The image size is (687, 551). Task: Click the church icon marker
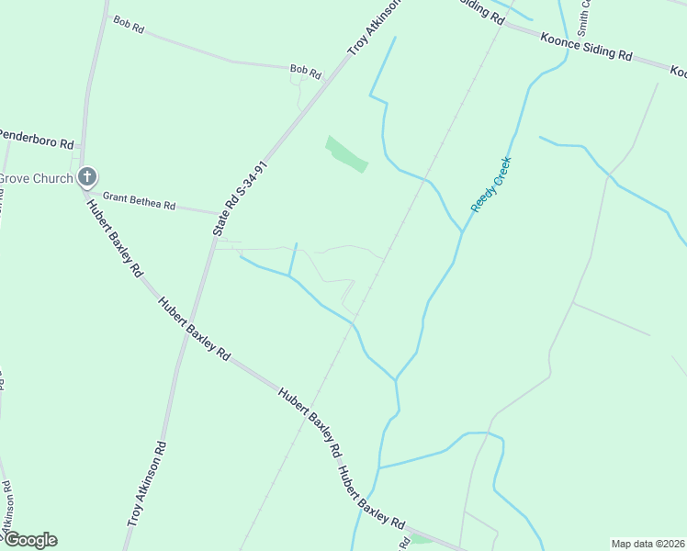86,176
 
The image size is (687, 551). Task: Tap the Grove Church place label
35,178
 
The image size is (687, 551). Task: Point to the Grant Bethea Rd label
139,202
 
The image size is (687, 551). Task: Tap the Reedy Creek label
490,185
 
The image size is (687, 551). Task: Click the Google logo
30,540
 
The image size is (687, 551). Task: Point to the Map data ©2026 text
648,544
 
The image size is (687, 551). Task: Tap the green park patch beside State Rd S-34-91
346,153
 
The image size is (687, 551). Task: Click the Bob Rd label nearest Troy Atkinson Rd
305,70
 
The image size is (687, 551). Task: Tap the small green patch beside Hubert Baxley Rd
422,538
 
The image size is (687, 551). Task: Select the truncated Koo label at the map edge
678,72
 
